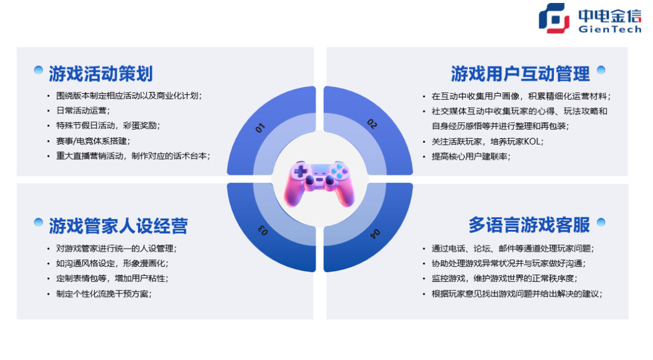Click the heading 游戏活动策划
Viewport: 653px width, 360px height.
[x=100, y=74]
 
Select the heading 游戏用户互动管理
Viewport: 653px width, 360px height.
[x=520, y=74]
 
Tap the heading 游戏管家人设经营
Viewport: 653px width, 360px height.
[x=118, y=226]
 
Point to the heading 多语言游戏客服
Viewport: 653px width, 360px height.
[x=529, y=225]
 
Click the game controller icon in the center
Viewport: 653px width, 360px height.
[x=319, y=182]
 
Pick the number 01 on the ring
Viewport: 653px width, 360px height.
[x=261, y=128]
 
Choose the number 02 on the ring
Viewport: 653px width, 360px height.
[x=372, y=124]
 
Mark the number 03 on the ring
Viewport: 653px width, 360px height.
[x=264, y=230]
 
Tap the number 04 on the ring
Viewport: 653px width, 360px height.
[x=375, y=233]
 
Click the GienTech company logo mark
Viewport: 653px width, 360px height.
[x=554, y=18]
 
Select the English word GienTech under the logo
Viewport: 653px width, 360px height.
[x=609, y=29]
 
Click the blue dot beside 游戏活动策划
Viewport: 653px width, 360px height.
[x=38, y=70]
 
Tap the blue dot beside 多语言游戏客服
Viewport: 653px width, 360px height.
[x=601, y=222]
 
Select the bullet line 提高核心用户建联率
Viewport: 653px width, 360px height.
[x=470, y=157]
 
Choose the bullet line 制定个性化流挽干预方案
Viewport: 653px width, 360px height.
[x=103, y=294]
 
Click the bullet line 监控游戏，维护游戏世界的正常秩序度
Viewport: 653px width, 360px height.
[x=504, y=279]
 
